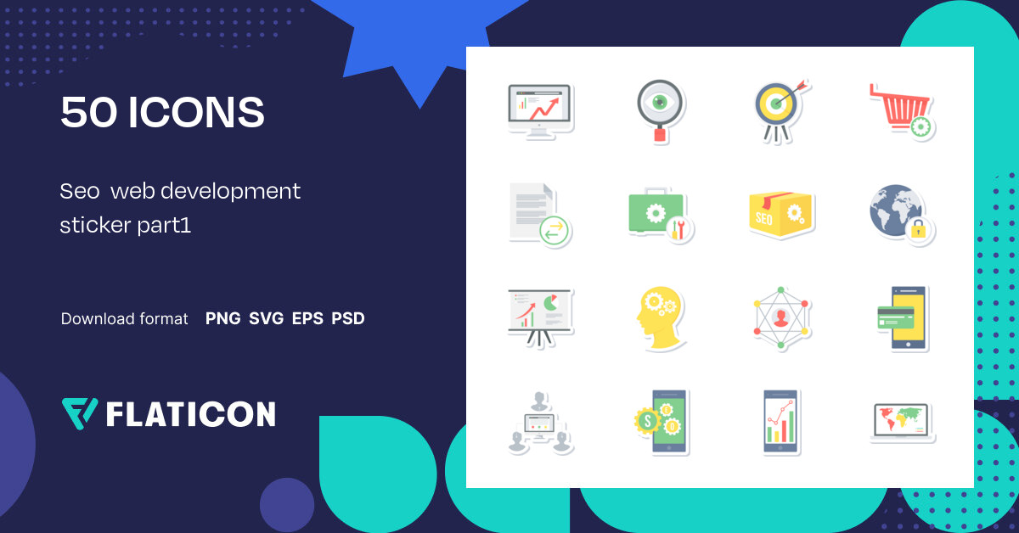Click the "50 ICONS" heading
(x=162, y=113)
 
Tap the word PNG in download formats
(x=222, y=319)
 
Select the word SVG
(x=266, y=319)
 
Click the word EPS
(x=307, y=319)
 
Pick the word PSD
(x=348, y=319)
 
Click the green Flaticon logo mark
(x=80, y=413)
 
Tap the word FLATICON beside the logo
(x=191, y=414)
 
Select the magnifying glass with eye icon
(x=659, y=111)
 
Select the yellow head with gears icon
(x=659, y=318)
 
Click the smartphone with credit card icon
(x=903, y=318)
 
